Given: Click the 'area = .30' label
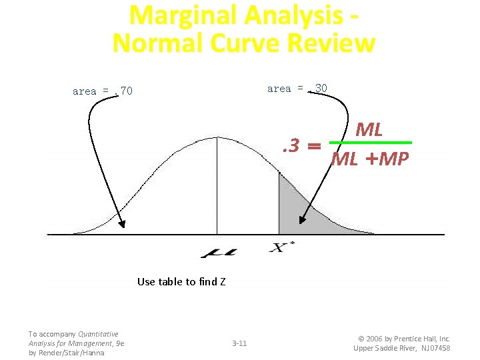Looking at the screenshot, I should tap(297, 89).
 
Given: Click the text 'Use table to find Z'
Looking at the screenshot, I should tap(181, 281).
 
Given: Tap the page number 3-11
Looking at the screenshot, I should tap(239, 343).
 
